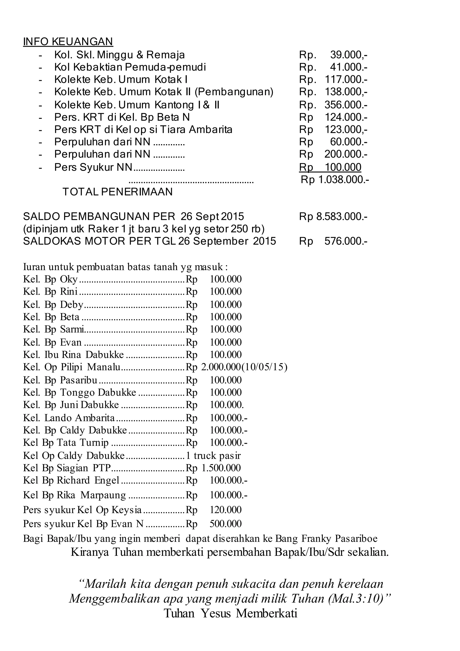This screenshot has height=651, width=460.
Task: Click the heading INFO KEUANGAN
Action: point(68,42)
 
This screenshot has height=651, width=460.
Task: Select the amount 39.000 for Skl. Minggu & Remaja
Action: point(348,55)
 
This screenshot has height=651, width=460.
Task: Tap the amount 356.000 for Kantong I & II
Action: point(345,105)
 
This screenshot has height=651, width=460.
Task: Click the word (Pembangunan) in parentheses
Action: point(234,92)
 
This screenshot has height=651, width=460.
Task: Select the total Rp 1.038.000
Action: point(335,179)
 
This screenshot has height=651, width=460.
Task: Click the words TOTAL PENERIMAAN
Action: point(117,192)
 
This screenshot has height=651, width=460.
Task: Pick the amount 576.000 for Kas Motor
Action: point(345,241)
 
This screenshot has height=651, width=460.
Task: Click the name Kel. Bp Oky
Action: point(50,280)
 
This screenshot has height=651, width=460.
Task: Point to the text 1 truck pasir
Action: point(213,456)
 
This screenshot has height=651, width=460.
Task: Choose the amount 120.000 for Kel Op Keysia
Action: point(226,510)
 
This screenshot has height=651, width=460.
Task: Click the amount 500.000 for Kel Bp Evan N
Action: point(226,524)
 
